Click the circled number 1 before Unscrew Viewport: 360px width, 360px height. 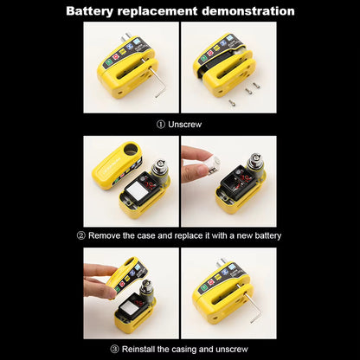(x=161, y=124)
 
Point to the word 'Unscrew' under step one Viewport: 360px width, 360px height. (x=185, y=124)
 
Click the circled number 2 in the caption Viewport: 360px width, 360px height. (x=80, y=235)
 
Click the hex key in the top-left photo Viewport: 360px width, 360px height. (x=158, y=85)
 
